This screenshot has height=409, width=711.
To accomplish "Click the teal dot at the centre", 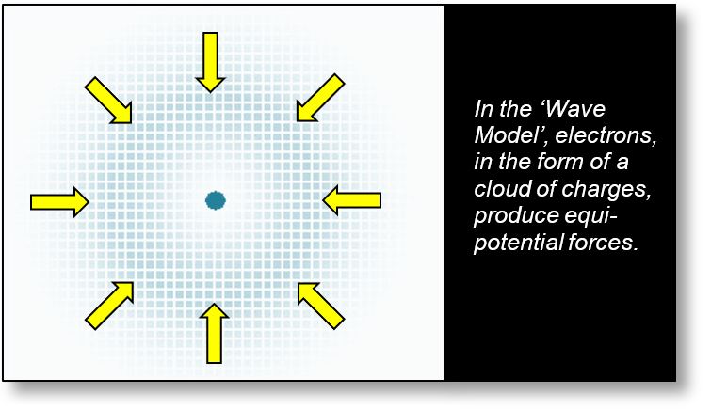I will (x=216, y=199).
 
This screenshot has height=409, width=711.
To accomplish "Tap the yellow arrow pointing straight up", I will (x=216, y=332).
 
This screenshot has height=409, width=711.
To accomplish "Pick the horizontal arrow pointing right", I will (x=59, y=200).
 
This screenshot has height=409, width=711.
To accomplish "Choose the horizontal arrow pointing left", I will (x=352, y=199).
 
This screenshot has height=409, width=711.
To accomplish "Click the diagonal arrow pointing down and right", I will (x=109, y=101).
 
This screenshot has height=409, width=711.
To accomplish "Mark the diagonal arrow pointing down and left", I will (x=318, y=101).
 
